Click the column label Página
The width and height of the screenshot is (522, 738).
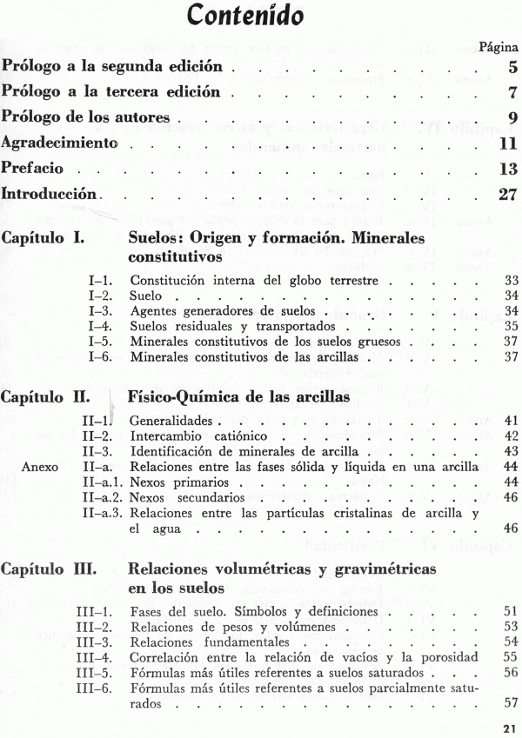tap(499, 45)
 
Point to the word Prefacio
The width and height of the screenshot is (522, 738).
tap(34, 168)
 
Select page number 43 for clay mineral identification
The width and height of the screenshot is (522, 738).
tap(511, 450)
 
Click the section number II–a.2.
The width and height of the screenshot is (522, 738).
tap(104, 497)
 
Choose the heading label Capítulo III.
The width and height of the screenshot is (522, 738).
tap(49, 571)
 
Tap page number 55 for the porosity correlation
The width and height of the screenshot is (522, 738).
tap(511, 656)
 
